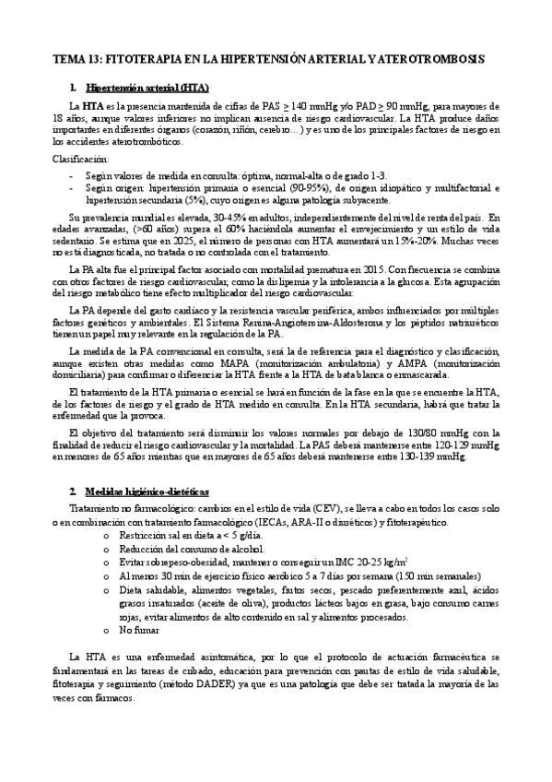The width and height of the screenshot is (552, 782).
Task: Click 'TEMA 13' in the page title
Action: [76, 58]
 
